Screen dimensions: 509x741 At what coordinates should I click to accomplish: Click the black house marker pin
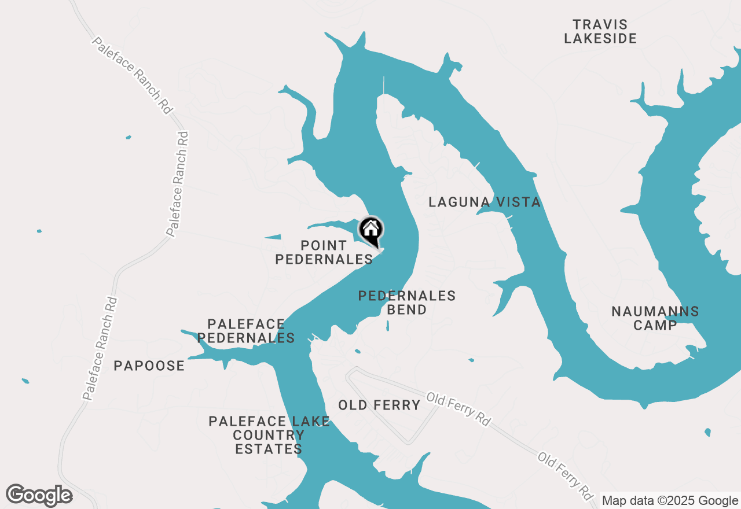click(x=370, y=230)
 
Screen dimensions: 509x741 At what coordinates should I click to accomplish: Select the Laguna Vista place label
click(x=485, y=202)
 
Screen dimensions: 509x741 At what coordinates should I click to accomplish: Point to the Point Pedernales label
click(x=324, y=253)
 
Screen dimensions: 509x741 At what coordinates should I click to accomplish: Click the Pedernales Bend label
click(x=406, y=303)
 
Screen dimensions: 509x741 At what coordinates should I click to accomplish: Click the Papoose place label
click(x=149, y=366)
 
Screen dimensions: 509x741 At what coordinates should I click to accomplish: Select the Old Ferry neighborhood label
click(x=379, y=405)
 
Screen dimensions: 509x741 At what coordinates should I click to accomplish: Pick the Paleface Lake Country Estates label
click(x=269, y=435)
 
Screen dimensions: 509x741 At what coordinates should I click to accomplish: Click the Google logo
click(x=39, y=495)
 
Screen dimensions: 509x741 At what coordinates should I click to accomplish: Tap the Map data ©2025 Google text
click(x=670, y=501)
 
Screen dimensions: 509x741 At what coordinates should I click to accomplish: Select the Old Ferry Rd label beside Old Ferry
click(x=458, y=409)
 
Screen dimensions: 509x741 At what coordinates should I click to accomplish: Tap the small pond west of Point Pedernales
click(x=273, y=237)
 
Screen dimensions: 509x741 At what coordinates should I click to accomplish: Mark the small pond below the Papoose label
click(x=25, y=381)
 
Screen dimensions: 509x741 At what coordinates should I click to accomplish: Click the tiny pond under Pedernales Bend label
click(x=387, y=326)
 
